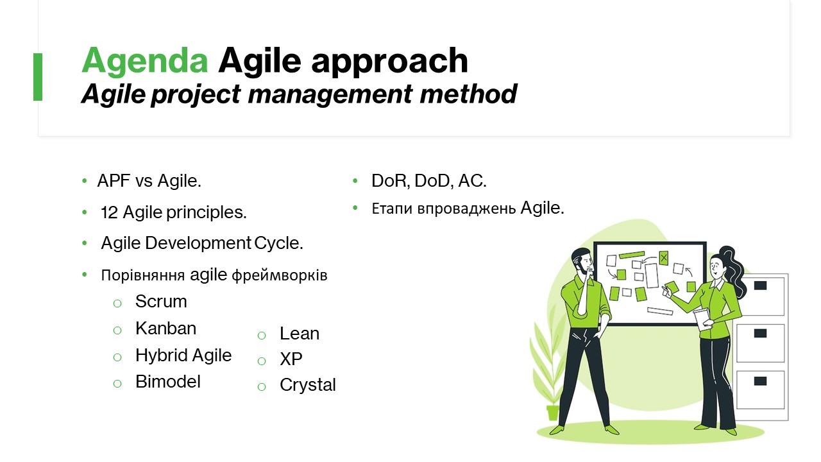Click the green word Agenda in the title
(x=145, y=61)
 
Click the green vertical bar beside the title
(x=38, y=76)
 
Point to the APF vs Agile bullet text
(x=149, y=180)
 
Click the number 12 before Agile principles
(x=109, y=212)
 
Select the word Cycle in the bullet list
(x=278, y=243)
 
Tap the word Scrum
(x=161, y=302)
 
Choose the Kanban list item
(x=165, y=328)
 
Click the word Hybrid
(x=162, y=355)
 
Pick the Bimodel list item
(x=168, y=382)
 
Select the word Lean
(x=300, y=334)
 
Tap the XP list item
(x=291, y=359)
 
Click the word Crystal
(x=308, y=385)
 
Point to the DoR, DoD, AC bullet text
(x=429, y=180)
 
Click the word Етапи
(x=392, y=209)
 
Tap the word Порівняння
(x=142, y=275)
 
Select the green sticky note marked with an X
(x=663, y=258)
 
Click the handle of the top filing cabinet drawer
(x=760, y=286)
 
